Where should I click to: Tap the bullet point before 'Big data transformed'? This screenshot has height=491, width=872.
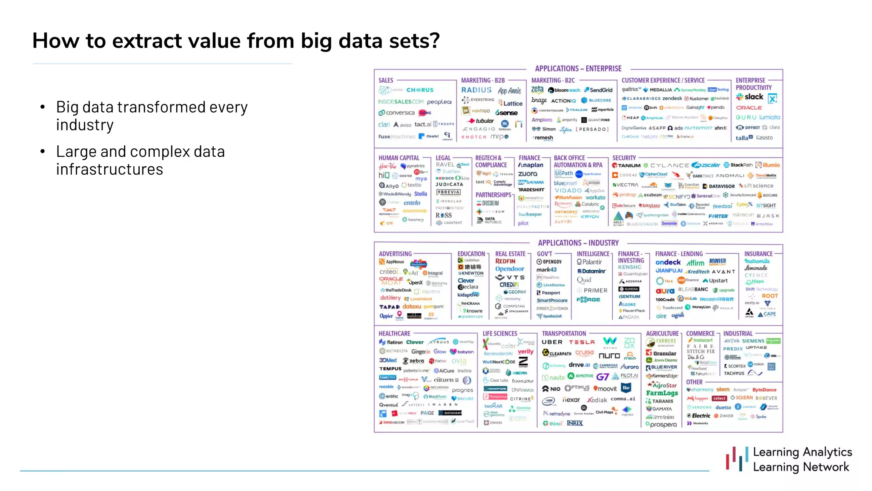click(x=43, y=107)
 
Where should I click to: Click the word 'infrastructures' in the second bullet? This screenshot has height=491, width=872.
click(x=109, y=169)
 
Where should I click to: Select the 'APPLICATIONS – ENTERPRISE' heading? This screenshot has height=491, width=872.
click(x=578, y=69)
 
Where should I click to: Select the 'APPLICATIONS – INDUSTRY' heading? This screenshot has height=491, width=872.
click(x=578, y=243)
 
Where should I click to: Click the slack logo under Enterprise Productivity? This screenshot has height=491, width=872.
click(x=750, y=97)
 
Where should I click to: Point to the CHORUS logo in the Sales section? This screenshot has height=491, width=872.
click(x=420, y=90)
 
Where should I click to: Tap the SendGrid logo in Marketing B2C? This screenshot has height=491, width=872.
click(x=599, y=90)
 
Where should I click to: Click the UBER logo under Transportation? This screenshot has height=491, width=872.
click(x=552, y=342)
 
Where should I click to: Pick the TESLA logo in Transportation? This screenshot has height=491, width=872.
click(x=582, y=342)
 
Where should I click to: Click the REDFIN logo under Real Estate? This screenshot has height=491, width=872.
click(x=505, y=261)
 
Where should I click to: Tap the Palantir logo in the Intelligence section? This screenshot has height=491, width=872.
click(x=590, y=262)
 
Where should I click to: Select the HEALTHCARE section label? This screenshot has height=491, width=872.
click(x=394, y=334)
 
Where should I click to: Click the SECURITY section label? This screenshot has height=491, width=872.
click(x=624, y=158)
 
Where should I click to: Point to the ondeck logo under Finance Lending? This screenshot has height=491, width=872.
click(x=668, y=263)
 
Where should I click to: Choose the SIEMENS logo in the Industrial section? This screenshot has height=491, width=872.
click(x=753, y=341)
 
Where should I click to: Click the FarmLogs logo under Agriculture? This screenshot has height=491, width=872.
click(x=662, y=393)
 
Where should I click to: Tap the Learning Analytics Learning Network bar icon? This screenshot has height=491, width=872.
click(x=737, y=459)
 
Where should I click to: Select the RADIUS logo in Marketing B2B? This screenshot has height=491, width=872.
click(x=476, y=90)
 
